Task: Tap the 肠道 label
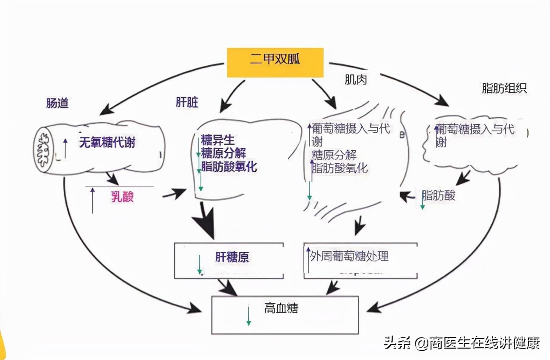[57, 103]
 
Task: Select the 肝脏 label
[187, 103]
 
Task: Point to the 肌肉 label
[356, 79]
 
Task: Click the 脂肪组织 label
[504, 88]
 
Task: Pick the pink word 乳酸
[122, 197]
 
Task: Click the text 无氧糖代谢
[107, 142]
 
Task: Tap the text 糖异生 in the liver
[218, 140]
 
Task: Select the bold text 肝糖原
[232, 257]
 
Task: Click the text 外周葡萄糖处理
[349, 256]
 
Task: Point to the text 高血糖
[281, 308]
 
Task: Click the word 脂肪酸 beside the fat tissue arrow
[439, 195]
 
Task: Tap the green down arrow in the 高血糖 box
[248, 315]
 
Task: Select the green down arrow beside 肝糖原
[199, 264]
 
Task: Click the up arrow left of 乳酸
[92, 200]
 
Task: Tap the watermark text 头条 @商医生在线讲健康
[461, 343]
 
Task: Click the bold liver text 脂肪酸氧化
[229, 167]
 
